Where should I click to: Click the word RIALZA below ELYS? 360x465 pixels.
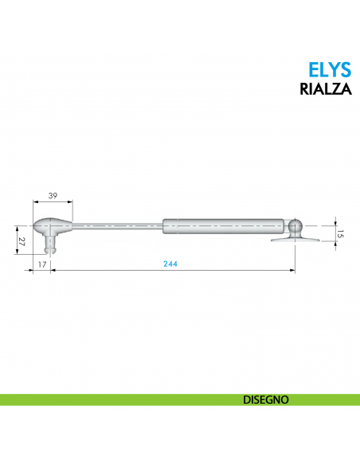[325, 89]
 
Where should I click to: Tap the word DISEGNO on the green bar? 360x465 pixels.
[265, 400]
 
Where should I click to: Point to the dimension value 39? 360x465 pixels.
[53, 196]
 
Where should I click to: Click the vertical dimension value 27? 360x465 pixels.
[21, 240]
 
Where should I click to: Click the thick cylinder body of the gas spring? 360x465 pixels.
[223, 226]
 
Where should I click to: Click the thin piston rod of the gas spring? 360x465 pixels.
[119, 226]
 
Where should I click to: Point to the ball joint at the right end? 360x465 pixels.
[296, 226]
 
